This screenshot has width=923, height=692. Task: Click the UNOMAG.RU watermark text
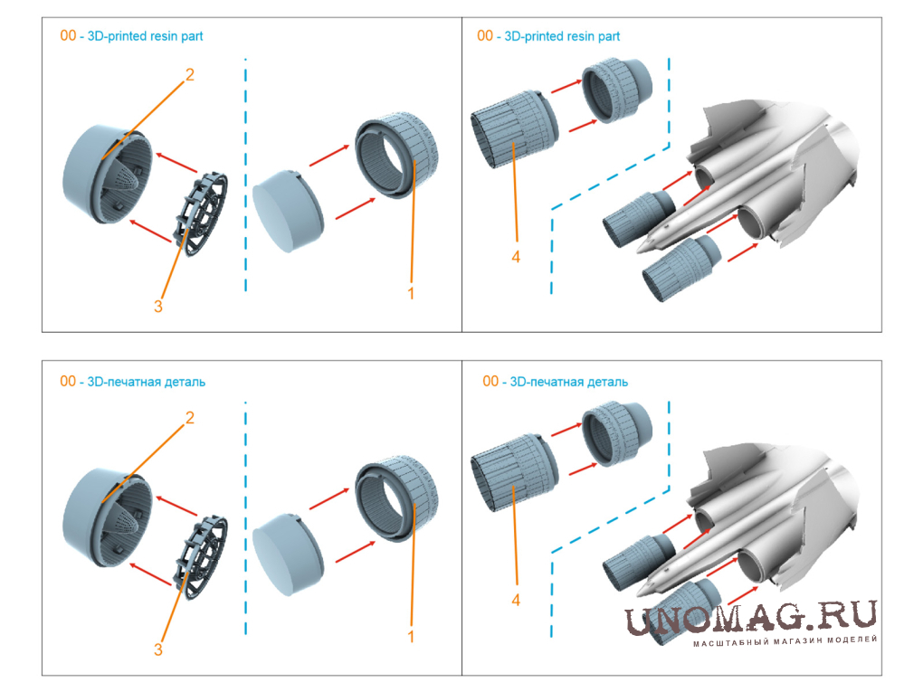click(x=751, y=617)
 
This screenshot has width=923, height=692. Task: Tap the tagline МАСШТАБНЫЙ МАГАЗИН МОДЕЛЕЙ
click(x=785, y=640)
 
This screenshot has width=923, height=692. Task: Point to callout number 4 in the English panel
click(x=516, y=257)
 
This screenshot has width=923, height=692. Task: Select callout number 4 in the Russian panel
click(x=516, y=600)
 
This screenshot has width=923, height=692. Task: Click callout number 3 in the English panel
click(x=157, y=306)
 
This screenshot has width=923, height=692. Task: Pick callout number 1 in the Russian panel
click(x=411, y=636)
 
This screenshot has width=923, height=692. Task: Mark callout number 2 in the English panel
click(x=189, y=75)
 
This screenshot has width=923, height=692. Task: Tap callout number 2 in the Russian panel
click(x=189, y=418)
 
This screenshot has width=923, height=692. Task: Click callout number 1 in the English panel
click(x=411, y=293)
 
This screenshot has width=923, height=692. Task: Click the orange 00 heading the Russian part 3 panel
click(x=68, y=382)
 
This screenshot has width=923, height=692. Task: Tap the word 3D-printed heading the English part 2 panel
click(x=117, y=36)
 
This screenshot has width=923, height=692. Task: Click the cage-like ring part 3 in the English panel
click(x=201, y=213)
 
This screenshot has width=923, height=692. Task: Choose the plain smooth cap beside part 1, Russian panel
click(x=288, y=555)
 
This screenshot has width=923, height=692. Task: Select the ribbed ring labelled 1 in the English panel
click(x=396, y=155)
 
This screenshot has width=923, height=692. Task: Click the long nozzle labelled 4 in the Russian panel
click(x=513, y=474)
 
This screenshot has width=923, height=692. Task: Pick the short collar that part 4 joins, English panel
click(x=616, y=91)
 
